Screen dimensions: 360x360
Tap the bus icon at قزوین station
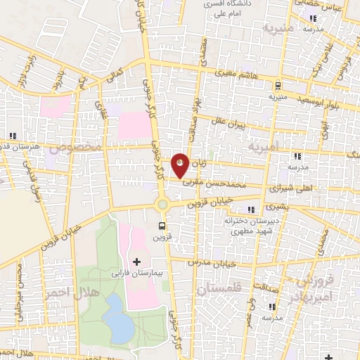[162, 226]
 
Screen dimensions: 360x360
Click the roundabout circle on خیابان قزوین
[163, 204]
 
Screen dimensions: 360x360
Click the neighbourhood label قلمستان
[219, 288]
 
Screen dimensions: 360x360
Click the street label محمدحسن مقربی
[223, 181]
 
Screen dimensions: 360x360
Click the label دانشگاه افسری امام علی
[225, 8]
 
